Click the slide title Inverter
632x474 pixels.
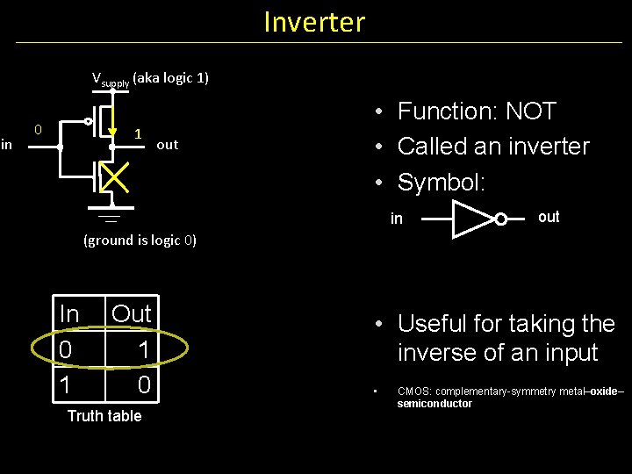[314, 21]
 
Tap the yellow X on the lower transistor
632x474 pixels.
[114, 177]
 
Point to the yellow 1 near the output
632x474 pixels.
[138, 134]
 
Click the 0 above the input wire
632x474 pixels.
[38, 130]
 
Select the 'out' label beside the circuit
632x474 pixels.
[167, 145]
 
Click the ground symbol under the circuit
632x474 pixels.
[111, 216]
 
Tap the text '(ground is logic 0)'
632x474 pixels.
[140, 240]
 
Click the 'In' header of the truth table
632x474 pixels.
[68, 313]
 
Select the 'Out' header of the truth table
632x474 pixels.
[132, 313]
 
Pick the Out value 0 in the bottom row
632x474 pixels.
[144, 384]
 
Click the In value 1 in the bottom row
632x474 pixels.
[65, 384]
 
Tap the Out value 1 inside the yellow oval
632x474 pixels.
[144, 349]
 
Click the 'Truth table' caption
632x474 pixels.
[104, 416]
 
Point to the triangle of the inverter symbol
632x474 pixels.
[470, 219]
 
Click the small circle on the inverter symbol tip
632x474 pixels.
[500, 219]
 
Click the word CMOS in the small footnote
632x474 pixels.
[413, 391]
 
